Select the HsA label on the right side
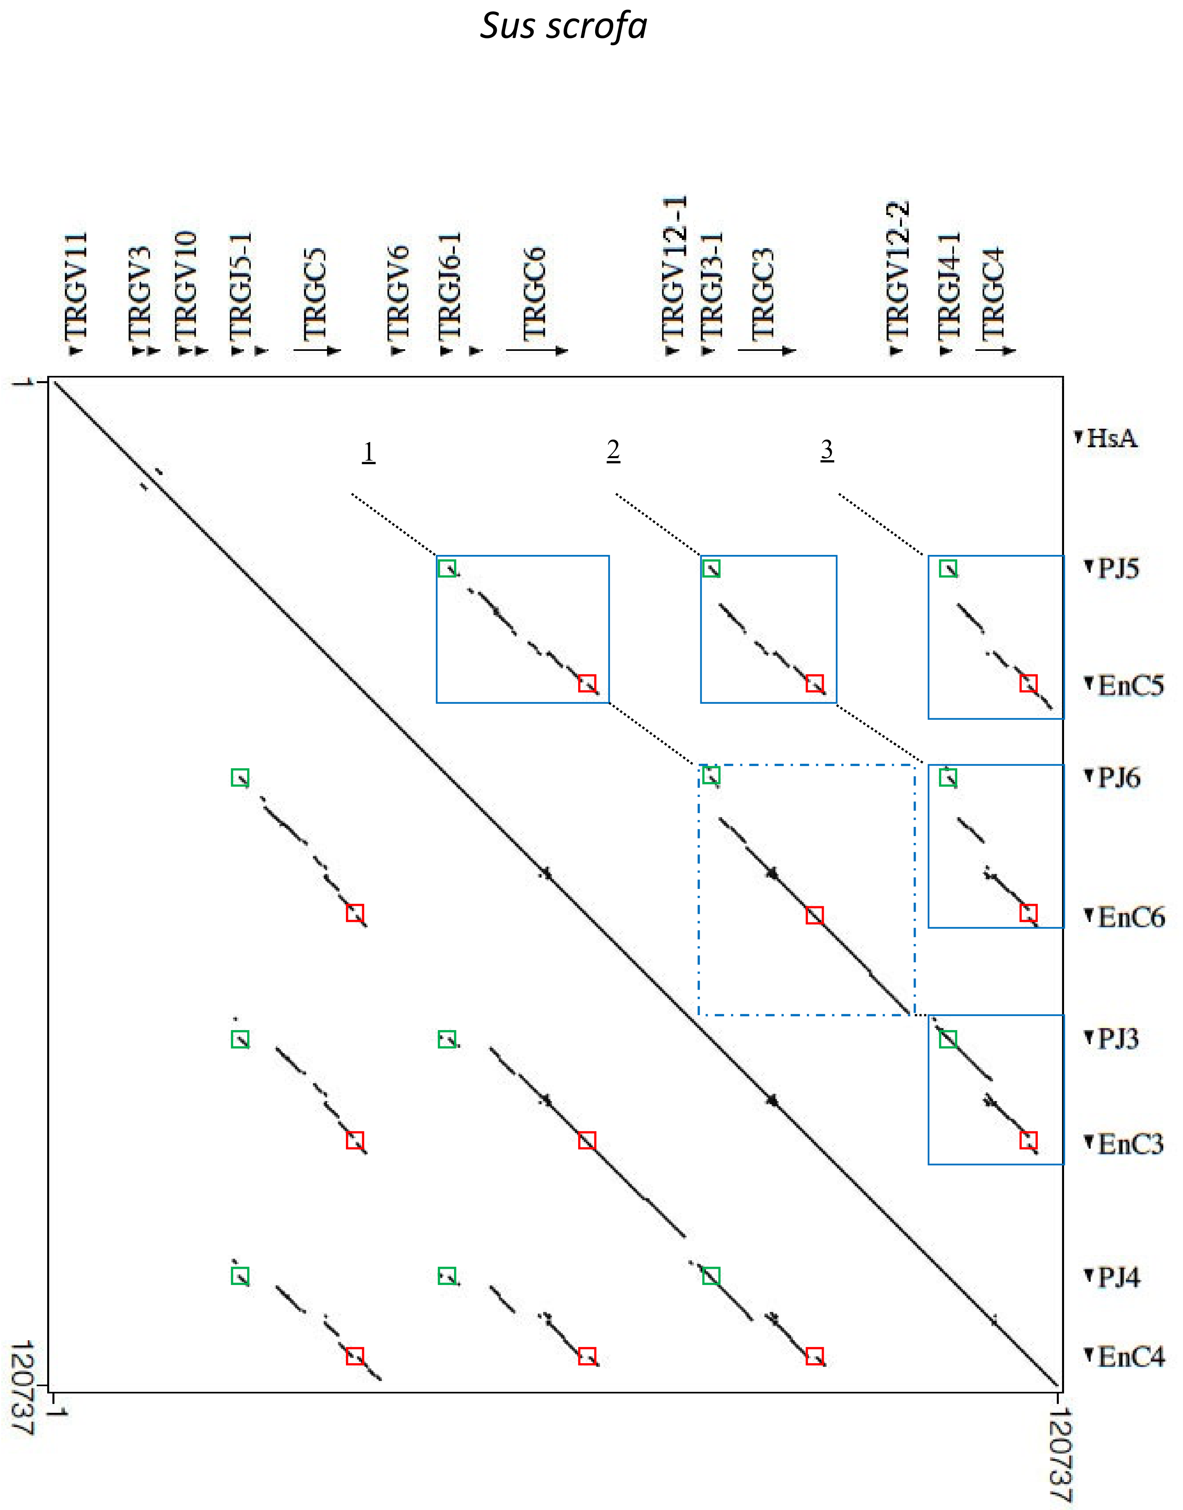(x=1111, y=438)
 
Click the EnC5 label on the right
(x=1130, y=686)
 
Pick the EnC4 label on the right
(x=1130, y=1356)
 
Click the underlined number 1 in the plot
(x=369, y=452)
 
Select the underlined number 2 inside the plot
(x=613, y=450)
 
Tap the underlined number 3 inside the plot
(x=826, y=450)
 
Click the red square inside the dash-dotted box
(x=814, y=915)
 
